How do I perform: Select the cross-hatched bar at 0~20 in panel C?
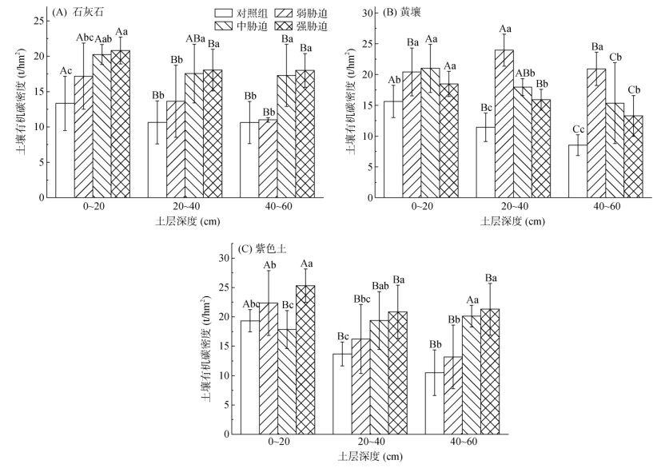tap(305, 360)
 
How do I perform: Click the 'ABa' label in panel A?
tap(195, 38)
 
